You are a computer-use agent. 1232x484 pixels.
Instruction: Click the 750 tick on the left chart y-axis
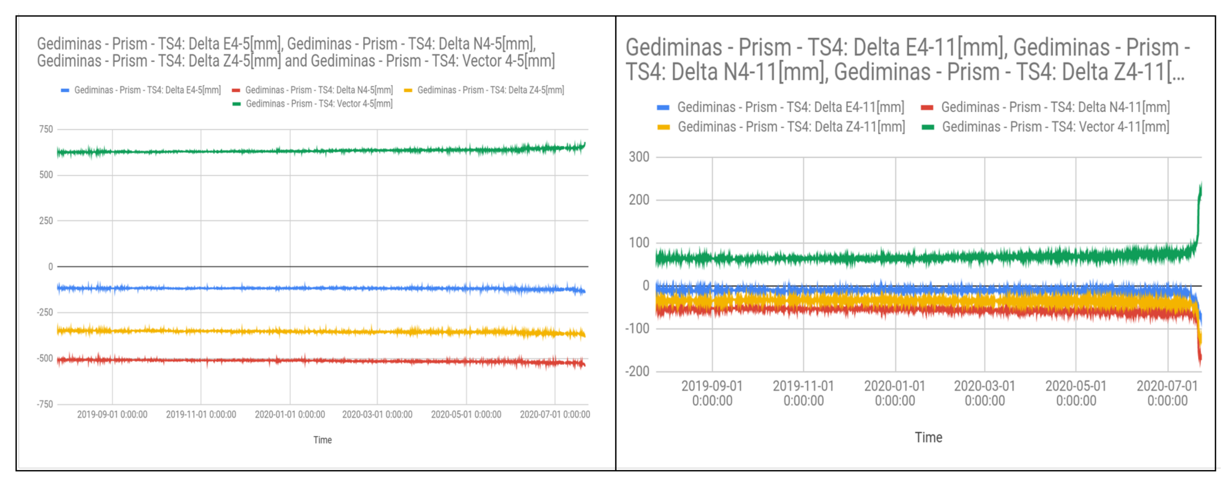click(46, 129)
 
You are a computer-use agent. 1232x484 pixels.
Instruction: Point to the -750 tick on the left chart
click(45, 404)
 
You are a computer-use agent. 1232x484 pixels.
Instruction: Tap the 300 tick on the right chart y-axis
click(639, 157)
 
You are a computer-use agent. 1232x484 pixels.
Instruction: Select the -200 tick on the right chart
click(637, 371)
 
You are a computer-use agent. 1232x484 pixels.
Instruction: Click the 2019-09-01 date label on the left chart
click(112, 414)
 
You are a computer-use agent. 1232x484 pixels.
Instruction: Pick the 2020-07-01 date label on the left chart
click(555, 414)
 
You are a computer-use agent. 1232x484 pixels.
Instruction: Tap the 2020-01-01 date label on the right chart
click(895, 393)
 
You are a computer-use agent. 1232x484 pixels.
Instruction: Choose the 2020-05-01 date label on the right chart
click(1076, 393)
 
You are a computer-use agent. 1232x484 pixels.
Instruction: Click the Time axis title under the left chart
click(322, 440)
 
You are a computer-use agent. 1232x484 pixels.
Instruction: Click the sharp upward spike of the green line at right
click(1199, 211)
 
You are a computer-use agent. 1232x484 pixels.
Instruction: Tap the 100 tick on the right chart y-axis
click(639, 243)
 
